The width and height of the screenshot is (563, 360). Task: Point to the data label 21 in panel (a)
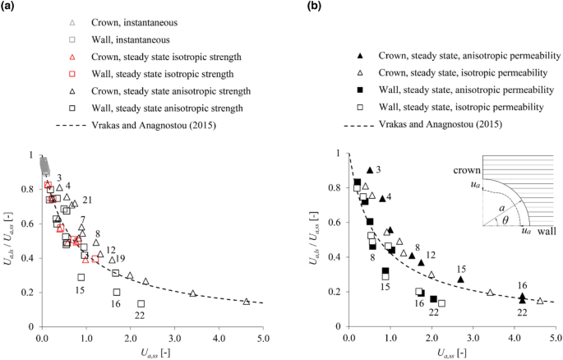[x=87, y=201]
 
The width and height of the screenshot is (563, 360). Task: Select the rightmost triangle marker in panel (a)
[x=247, y=302]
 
